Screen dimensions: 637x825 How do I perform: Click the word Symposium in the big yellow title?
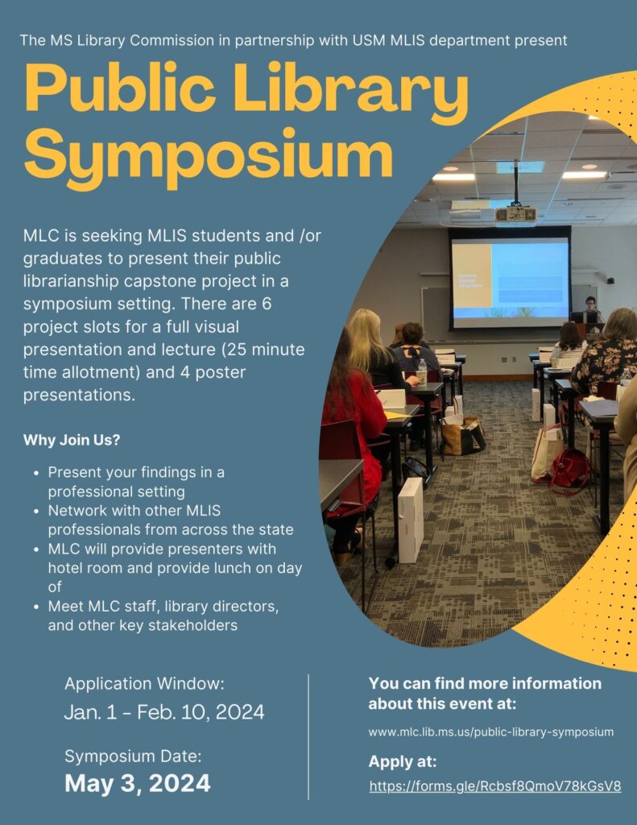[209, 156]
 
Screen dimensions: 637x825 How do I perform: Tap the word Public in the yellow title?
[120, 87]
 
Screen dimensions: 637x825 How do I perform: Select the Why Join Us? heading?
[72, 440]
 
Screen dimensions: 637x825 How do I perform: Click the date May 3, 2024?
[137, 783]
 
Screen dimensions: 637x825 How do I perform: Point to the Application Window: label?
[144, 684]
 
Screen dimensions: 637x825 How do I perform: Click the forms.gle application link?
[495, 786]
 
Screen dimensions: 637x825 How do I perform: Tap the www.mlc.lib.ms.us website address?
[490, 732]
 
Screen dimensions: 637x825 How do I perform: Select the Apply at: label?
[403, 761]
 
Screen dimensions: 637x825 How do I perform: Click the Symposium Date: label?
[133, 756]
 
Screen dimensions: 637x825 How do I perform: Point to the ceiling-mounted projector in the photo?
[515, 214]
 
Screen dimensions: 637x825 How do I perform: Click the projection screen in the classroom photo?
[510, 278]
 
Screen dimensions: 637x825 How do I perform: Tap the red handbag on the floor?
[570, 470]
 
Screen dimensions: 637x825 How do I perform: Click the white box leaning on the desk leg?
[410, 520]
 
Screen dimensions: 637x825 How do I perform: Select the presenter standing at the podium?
[591, 309]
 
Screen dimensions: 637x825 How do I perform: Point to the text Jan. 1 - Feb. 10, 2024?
[164, 712]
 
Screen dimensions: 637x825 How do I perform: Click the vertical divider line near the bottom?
[308, 736]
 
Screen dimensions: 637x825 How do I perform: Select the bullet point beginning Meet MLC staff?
[163, 616]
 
